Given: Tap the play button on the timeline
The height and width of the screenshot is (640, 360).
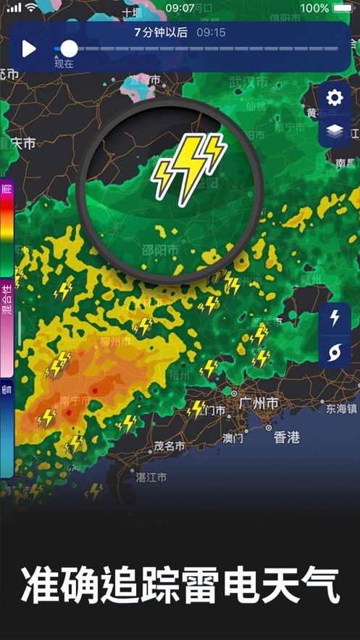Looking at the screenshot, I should click(x=29, y=49).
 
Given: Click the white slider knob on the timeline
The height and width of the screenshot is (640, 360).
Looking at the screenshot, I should click(x=69, y=49).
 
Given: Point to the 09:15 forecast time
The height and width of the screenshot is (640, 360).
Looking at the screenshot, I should click(x=211, y=33).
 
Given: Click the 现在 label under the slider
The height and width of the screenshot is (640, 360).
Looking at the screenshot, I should click(x=64, y=64).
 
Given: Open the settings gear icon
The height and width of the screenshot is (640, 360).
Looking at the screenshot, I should click(x=335, y=98).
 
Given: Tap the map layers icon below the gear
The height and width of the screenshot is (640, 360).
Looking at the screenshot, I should click(x=335, y=131).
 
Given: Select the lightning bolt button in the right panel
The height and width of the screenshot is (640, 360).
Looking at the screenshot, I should click(x=335, y=318).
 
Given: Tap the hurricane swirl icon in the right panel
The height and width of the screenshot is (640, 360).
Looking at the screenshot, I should click(x=335, y=353).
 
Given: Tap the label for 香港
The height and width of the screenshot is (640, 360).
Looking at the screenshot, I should click(x=286, y=437).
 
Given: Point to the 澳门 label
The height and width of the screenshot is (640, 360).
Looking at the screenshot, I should click(x=233, y=438).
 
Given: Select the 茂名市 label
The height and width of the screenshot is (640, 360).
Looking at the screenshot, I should click(x=170, y=446).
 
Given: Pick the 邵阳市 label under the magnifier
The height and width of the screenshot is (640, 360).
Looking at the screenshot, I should click(x=180, y=250).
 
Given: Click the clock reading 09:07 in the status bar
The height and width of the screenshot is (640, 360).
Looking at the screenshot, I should click(x=180, y=8).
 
